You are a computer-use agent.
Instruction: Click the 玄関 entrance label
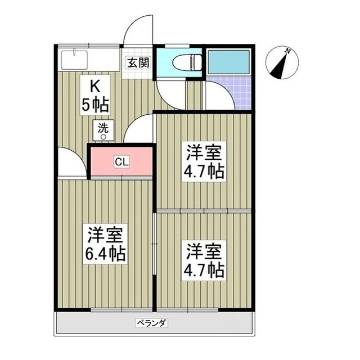pyautogui.click(x=137, y=62)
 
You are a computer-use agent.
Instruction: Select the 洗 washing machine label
pyautogui.click(x=103, y=127)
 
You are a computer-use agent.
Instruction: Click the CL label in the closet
pyautogui.click(x=121, y=163)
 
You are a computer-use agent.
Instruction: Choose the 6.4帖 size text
pyautogui.click(x=106, y=254)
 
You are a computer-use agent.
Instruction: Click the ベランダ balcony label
pyautogui.click(x=152, y=323)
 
